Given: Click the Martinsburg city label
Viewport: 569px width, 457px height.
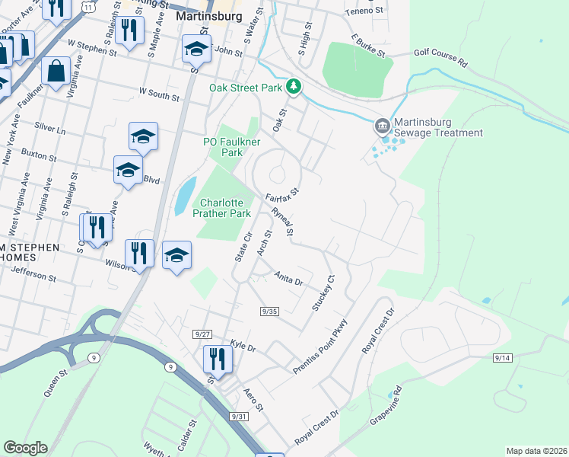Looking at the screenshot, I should tap(208, 15).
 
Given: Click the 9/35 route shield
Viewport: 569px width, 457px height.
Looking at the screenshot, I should tap(269, 311).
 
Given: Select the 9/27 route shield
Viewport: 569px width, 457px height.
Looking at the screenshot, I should tap(202, 334).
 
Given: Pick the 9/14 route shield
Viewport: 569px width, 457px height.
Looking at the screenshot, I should tap(503, 357).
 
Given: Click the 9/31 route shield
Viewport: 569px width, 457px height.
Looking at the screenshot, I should tap(240, 416).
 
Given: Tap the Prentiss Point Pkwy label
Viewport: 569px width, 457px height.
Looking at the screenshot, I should tap(319, 347).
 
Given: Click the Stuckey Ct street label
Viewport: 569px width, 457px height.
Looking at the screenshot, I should tap(323, 293).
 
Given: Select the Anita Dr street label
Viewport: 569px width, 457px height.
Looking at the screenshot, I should tap(289, 279).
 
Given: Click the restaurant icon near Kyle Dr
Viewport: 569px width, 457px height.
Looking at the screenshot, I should tap(217, 359).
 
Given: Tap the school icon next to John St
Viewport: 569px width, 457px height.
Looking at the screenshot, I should tap(196, 50).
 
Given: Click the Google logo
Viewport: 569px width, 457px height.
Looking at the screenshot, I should tap(25, 448).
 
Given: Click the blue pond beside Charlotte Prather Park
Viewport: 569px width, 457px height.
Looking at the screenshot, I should tap(185, 197).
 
